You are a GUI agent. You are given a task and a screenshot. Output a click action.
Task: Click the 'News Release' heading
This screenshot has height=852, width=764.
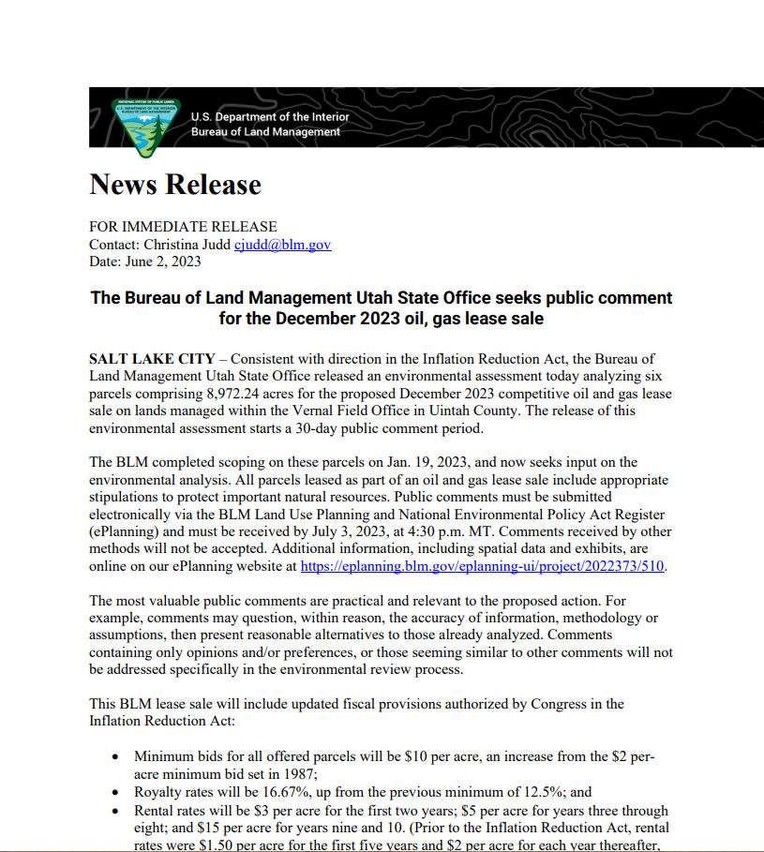point(175,185)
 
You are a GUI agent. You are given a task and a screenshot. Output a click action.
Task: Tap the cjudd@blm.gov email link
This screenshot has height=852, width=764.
point(282,245)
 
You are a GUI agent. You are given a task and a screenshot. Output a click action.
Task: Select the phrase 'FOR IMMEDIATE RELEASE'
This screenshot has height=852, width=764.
point(183,227)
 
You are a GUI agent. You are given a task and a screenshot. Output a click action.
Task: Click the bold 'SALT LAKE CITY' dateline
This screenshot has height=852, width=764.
point(152,359)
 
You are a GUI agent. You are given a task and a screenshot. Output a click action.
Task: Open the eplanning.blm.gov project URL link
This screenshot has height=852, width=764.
point(482,567)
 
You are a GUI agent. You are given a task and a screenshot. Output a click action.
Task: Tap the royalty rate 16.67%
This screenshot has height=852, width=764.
point(274,792)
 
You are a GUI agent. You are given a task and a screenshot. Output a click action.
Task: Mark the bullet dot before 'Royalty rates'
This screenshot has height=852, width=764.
point(115,793)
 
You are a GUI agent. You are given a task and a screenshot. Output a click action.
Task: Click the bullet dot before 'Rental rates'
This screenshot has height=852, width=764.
point(115,811)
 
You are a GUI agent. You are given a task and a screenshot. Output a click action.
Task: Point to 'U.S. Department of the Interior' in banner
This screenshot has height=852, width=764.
point(270,117)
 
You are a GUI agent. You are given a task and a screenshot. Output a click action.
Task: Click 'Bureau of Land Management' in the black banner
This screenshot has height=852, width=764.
point(265,132)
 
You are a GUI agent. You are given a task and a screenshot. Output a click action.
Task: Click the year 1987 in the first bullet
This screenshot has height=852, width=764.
point(300,774)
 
